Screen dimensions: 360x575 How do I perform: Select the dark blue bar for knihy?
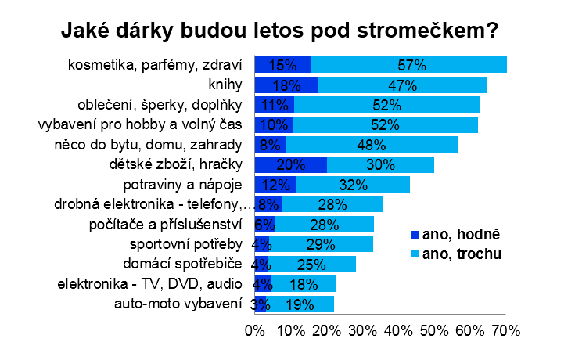(286, 85)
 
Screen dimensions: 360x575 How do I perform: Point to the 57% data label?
(408, 65)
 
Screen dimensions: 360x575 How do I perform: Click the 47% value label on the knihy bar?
(403, 85)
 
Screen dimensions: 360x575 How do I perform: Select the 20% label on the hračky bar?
(291, 165)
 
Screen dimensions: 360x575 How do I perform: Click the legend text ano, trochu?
(462, 254)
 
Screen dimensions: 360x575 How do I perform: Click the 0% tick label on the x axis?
(255, 331)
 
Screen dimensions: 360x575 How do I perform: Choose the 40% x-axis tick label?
(399, 331)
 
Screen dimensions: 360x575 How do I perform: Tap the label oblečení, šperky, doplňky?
(160, 104)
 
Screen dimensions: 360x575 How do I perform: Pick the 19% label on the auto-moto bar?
(300, 304)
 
